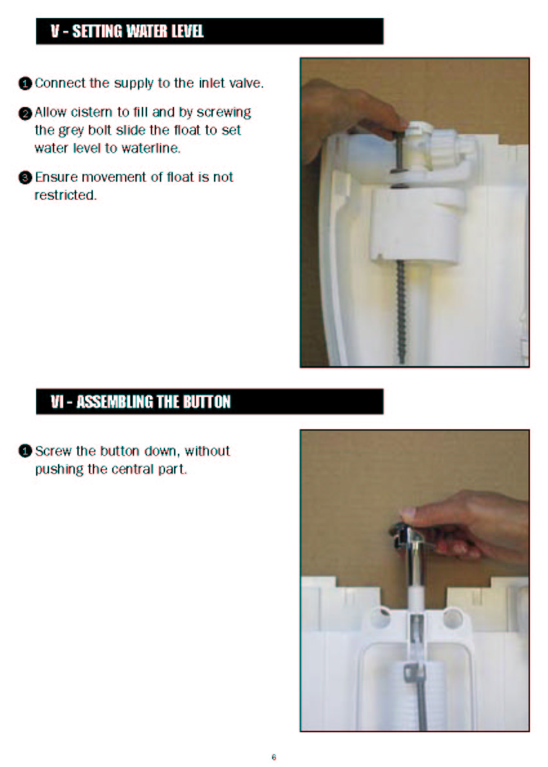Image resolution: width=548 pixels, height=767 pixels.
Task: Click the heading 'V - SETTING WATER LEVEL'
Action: (x=127, y=32)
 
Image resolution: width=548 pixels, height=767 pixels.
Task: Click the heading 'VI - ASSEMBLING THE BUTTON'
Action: (x=141, y=402)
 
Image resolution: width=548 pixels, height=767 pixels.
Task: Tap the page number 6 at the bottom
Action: (x=273, y=757)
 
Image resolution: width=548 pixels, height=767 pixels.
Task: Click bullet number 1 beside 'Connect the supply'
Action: (x=25, y=84)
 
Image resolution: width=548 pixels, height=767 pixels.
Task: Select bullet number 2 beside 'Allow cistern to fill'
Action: (x=25, y=113)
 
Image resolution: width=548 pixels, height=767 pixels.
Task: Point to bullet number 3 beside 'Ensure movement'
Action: (x=25, y=177)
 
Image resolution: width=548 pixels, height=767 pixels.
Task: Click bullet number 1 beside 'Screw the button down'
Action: (x=25, y=451)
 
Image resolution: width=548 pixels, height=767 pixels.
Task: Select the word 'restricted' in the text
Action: (x=65, y=195)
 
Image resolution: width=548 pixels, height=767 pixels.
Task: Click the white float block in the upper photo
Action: (x=416, y=225)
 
